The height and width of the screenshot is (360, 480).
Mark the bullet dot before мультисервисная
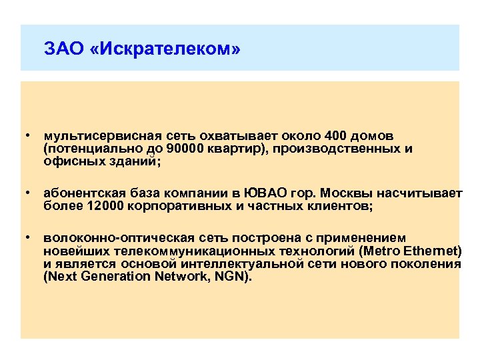tap(28, 136)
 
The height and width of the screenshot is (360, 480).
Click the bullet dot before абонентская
tap(28, 193)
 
